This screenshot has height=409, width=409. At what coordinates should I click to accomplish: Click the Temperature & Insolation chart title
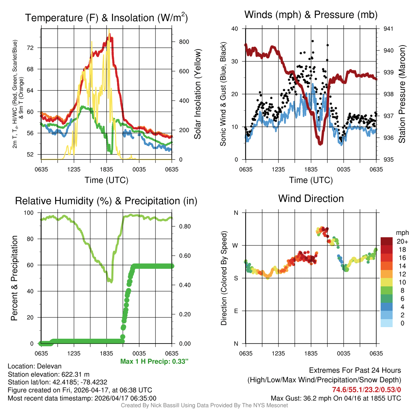pos(106,18)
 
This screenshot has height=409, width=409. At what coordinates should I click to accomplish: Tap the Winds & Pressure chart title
pos(311,15)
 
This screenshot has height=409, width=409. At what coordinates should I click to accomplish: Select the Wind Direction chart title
pos(311,198)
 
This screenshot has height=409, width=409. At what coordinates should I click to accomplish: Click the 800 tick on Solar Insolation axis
pos(181,42)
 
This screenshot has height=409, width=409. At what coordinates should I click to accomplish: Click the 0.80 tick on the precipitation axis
pos(182,226)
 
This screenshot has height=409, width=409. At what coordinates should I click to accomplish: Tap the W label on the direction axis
pos(236,245)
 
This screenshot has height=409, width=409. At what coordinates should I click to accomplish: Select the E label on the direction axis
pos(236,311)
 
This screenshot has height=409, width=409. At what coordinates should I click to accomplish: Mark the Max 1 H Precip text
pos(154,361)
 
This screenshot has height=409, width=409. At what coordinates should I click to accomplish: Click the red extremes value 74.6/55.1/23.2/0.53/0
pos(367,389)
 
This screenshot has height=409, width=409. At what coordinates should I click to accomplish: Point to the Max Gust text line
pos(336,398)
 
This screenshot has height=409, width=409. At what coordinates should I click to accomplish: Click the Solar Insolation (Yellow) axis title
pos(197,94)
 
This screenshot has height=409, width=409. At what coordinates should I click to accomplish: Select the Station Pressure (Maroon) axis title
pos(402,94)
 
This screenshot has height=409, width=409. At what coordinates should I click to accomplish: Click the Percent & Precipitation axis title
pos(14,278)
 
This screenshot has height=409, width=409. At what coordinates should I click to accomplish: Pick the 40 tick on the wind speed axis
pos(235,29)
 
